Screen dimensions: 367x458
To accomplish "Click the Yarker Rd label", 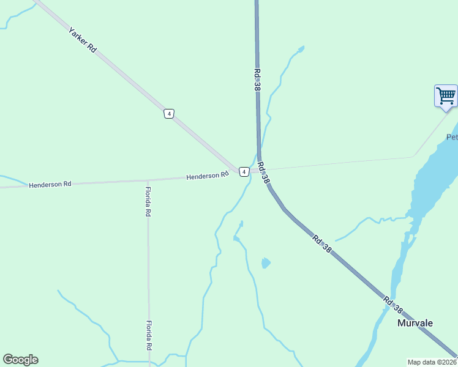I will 83,39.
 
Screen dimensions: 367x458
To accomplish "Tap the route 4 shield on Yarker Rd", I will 169,114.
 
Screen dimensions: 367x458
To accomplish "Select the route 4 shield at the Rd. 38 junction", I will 244,171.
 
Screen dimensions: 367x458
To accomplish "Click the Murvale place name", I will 415,323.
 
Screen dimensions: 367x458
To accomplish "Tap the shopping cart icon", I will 446,95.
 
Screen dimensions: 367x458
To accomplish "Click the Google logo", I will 20,360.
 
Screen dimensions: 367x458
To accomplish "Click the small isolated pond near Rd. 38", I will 265,263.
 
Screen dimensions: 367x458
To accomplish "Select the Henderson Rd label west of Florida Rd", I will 50,184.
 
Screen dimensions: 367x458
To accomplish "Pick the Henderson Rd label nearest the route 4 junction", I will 207,176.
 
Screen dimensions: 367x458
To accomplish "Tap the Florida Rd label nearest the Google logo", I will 148,335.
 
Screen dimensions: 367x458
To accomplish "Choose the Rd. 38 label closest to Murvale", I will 394,306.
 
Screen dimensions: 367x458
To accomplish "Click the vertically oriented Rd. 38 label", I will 257,80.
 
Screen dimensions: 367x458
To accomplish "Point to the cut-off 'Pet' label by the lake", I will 452,137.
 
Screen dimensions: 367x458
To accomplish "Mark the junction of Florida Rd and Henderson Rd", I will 148,180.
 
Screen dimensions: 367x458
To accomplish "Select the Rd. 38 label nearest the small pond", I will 321,244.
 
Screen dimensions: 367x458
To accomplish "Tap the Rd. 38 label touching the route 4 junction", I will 263,172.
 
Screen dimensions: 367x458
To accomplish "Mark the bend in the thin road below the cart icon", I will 414,156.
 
